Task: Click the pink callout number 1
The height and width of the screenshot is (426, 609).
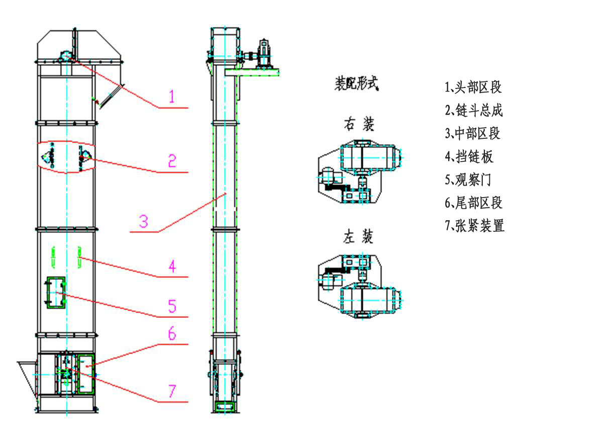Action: click(172, 96)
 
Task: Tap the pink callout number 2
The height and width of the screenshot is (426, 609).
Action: click(172, 161)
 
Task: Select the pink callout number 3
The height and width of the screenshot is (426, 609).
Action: click(144, 221)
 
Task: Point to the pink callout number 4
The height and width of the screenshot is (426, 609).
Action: click(172, 266)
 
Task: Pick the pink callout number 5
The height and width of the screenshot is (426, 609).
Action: click(172, 305)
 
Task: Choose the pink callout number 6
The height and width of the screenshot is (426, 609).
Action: click(172, 333)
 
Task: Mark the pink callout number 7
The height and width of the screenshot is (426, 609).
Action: click(172, 391)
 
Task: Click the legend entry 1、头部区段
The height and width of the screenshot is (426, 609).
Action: click(473, 88)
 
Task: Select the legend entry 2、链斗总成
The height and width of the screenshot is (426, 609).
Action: click(473, 111)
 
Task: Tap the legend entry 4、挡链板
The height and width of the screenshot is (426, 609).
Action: click(469, 157)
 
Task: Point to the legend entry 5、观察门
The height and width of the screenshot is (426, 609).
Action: click(469, 180)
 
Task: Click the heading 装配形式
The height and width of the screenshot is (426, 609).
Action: click(356, 84)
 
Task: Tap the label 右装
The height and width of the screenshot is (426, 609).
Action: click(359, 124)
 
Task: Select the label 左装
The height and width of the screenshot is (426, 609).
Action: click(359, 236)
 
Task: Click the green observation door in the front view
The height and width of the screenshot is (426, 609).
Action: click(56, 292)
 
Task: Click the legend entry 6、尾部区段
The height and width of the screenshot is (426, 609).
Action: click(473, 203)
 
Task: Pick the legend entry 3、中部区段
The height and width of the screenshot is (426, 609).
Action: click(473, 134)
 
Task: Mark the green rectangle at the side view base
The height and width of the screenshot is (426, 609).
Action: click(225, 406)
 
